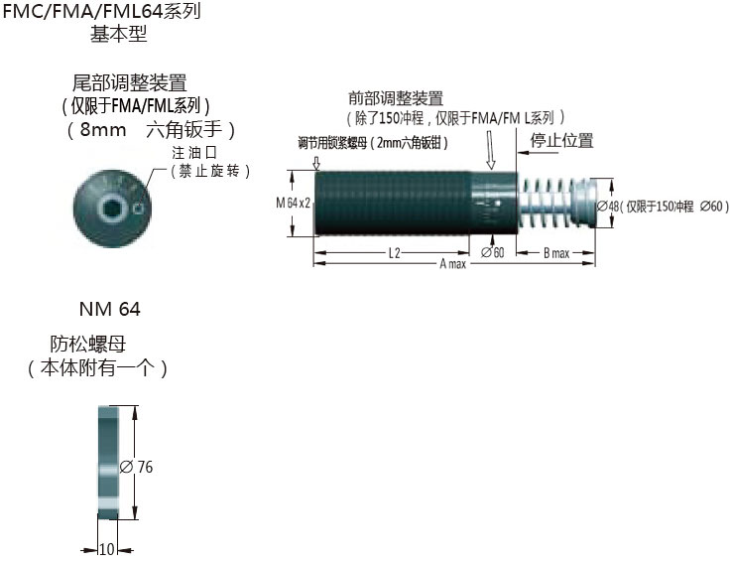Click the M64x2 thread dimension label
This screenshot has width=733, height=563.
click(x=294, y=204)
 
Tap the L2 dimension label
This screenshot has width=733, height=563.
click(x=395, y=253)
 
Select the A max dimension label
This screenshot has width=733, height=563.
click(x=453, y=264)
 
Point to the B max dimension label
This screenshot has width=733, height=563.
click(x=556, y=253)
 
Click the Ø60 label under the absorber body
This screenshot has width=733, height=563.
click(x=493, y=253)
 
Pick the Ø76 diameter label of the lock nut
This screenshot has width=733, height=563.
click(x=136, y=467)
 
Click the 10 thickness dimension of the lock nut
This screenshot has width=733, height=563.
click(x=107, y=549)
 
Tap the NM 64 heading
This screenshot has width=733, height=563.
click(x=110, y=309)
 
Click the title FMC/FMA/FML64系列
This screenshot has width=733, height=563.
click(x=101, y=11)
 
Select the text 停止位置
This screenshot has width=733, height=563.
click(x=562, y=140)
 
